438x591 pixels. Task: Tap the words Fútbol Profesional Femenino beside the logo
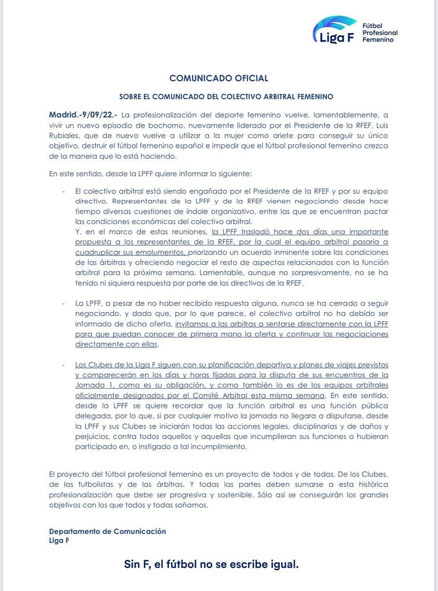379,33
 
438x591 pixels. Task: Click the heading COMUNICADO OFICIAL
218,78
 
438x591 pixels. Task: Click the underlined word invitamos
193,324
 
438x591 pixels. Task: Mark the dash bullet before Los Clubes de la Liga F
63,365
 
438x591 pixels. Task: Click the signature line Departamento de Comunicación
107,531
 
